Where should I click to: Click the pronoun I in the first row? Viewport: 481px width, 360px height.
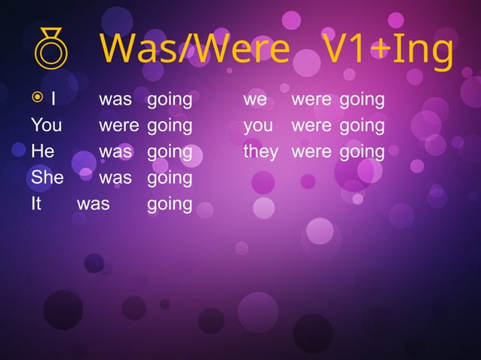54,99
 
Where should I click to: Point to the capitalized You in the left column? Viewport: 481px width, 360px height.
47,125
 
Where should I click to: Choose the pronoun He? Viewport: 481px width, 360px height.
42,151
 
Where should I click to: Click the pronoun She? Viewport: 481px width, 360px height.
47,178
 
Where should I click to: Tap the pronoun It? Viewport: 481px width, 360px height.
36,204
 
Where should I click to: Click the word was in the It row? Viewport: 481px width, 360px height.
93,204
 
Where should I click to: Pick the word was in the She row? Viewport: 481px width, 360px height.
115,178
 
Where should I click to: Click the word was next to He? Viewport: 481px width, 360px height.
115,151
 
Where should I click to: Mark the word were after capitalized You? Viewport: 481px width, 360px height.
118,125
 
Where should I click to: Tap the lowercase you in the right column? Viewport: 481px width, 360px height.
258,126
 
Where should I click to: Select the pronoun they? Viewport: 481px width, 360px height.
260,152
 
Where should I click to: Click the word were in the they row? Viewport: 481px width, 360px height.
311,151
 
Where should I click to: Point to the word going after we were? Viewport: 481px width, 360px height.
362,100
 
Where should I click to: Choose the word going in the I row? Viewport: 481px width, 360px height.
170,100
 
